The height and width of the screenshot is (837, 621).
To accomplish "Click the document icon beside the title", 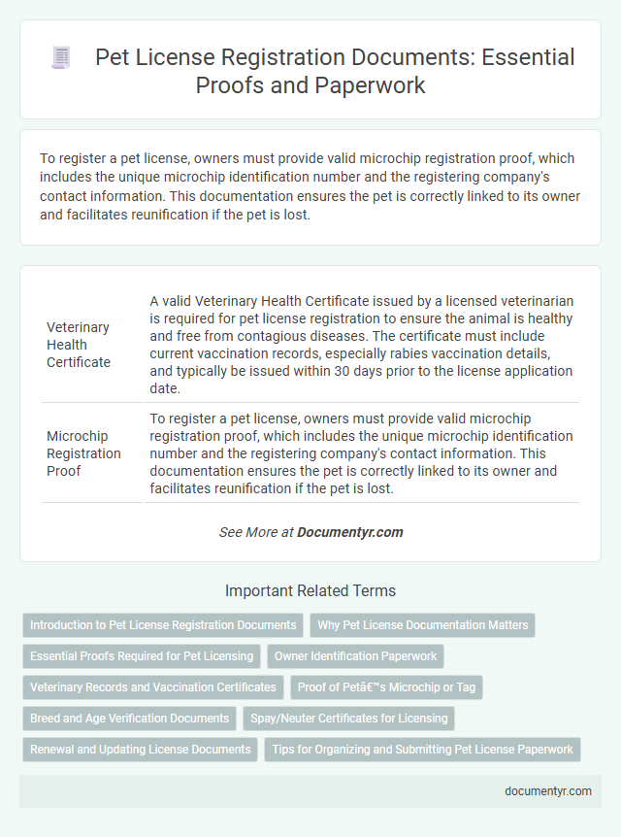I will click(59, 58).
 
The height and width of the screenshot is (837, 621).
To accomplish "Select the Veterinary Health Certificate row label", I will click(78, 344).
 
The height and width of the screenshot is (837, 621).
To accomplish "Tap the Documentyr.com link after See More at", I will click(349, 532).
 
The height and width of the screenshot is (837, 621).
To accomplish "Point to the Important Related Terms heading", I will click(310, 590).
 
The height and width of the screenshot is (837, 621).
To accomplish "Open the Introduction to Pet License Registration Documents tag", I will click(163, 625).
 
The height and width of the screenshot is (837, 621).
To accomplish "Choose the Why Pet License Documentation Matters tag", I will click(422, 625).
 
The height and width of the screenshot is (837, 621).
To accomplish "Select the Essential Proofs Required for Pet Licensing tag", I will click(142, 656).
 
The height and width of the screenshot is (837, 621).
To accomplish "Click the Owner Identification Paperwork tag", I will click(355, 656).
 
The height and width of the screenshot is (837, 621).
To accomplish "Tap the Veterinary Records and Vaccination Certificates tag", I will click(153, 687).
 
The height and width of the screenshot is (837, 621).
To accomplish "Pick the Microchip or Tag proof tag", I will click(386, 687).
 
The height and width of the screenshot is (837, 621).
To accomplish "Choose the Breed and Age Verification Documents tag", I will click(129, 719).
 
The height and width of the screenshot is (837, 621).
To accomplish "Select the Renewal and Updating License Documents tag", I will click(141, 750).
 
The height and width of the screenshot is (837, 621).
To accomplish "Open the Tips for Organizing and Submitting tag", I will click(421, 750).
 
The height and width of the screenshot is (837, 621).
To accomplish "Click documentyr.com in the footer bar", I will click(548, 790).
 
